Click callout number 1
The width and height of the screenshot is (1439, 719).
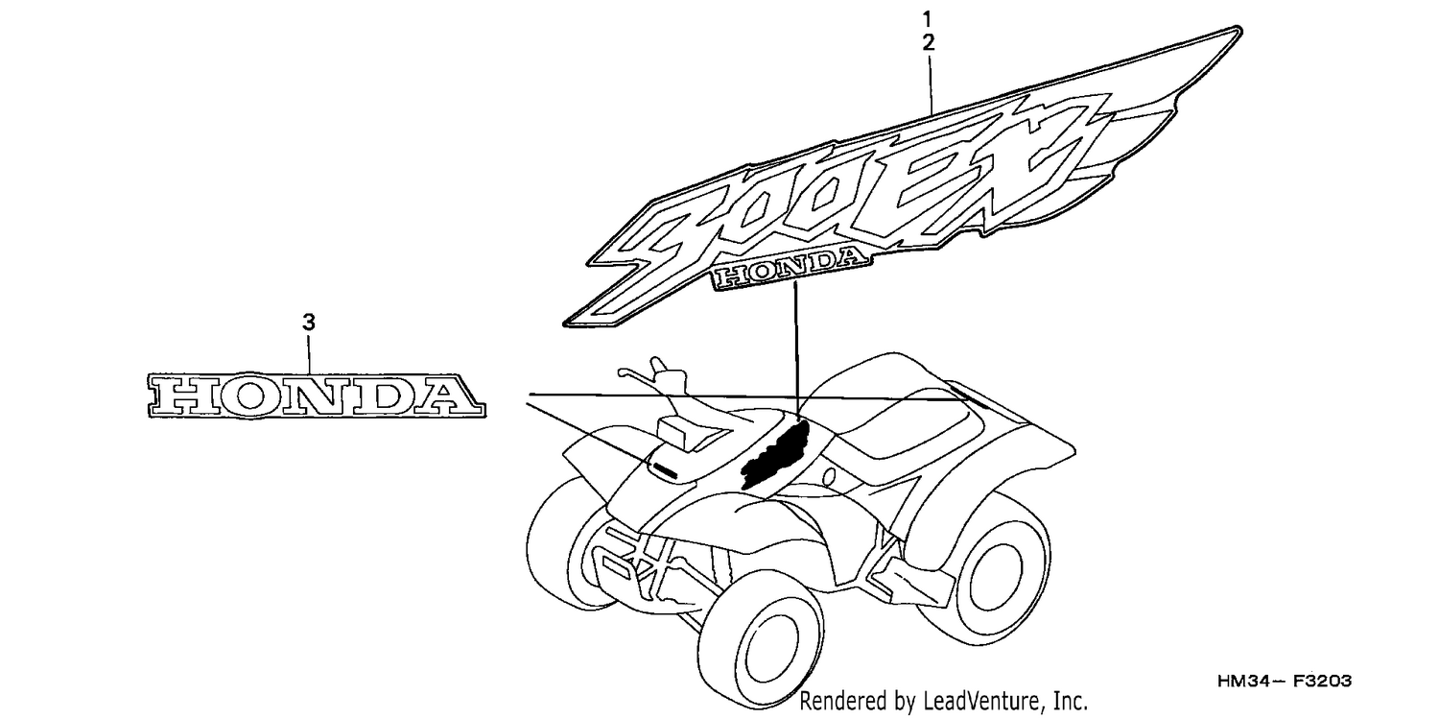927,18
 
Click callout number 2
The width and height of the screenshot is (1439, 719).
929,43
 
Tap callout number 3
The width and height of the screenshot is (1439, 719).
309,323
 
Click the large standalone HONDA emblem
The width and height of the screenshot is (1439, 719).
316,395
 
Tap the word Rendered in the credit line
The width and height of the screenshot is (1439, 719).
839,701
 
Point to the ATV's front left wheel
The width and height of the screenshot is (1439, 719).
565,546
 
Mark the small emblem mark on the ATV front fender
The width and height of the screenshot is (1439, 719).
663,469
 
